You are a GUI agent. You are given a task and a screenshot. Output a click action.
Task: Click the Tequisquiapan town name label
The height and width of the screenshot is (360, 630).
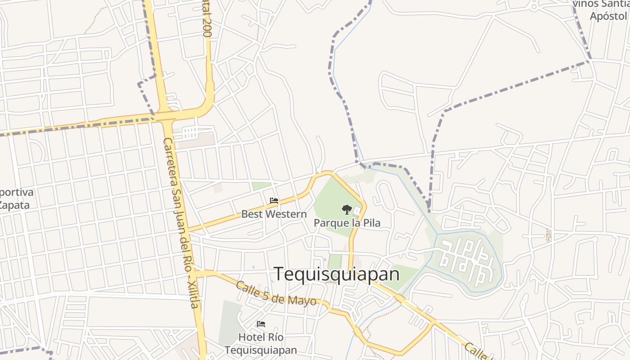click(x=337, y=274)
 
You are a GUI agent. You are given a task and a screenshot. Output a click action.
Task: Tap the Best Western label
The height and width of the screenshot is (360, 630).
click(x=274, y=214)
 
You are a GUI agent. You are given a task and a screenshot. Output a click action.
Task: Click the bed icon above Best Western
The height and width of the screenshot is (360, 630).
click(x=274, y=201)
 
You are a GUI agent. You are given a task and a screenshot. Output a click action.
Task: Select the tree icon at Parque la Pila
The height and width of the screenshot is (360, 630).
click(x=346, y=209)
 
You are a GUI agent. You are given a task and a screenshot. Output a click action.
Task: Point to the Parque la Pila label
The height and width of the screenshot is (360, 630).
click(x=347, y=223)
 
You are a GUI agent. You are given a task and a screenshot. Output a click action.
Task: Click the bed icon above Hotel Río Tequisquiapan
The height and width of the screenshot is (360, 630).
click(x=261, y=324)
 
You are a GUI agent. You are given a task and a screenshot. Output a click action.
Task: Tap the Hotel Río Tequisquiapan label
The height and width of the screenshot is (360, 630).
click(x=261, y=343)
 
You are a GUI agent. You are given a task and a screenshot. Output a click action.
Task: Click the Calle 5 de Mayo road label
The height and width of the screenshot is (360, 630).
click(x=275, y=293)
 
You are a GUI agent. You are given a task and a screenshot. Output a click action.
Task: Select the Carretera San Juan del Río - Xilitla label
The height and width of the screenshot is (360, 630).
click(x=180, y=223)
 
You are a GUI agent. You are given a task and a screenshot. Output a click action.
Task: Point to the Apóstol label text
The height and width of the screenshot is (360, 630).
click(x=608, y=16)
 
